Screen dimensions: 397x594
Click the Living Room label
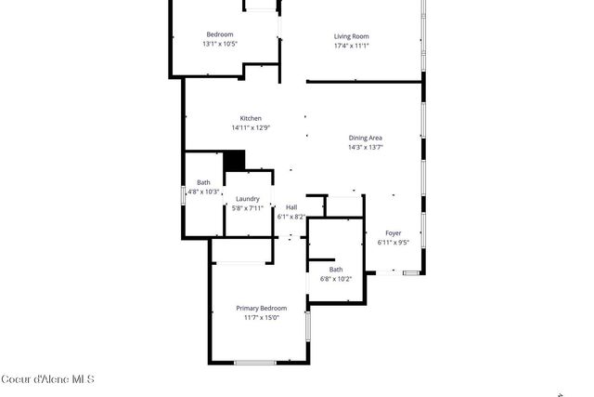pos(352,35)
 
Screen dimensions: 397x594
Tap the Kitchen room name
pos(251,118)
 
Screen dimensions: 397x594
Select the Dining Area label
pos(365,137)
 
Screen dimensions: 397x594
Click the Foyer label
pos(394,232)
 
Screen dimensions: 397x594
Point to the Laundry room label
pos(247,198)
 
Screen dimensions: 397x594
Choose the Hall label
pos(291,206)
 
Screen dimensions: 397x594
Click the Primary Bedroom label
pos(261,308)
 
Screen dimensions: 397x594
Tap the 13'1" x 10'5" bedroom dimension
pos(220,44)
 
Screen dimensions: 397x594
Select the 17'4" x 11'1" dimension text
pos(352,45)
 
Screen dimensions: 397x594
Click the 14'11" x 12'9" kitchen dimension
pos(251,127)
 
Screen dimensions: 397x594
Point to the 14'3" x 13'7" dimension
pos(365,146)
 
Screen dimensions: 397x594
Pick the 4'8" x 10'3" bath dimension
pos(204,192)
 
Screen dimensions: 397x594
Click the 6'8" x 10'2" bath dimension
pos(335,278)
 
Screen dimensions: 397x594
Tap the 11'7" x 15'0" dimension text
pos(261,317)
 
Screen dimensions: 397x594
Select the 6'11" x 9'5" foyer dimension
pos(394,242)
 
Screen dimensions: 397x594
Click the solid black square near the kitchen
pos(234,160)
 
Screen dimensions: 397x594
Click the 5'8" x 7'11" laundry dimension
pos(247,207)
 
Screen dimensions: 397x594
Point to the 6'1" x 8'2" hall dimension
pos(291,216)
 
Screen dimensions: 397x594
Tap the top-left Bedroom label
pos(220,34)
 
